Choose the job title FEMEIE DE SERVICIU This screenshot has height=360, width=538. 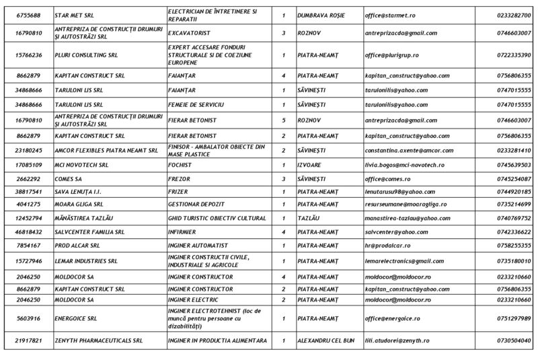196,105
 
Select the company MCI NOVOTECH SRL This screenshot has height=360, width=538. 81,165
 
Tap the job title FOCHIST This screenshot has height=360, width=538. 181,165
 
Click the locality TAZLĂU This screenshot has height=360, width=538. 308,218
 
